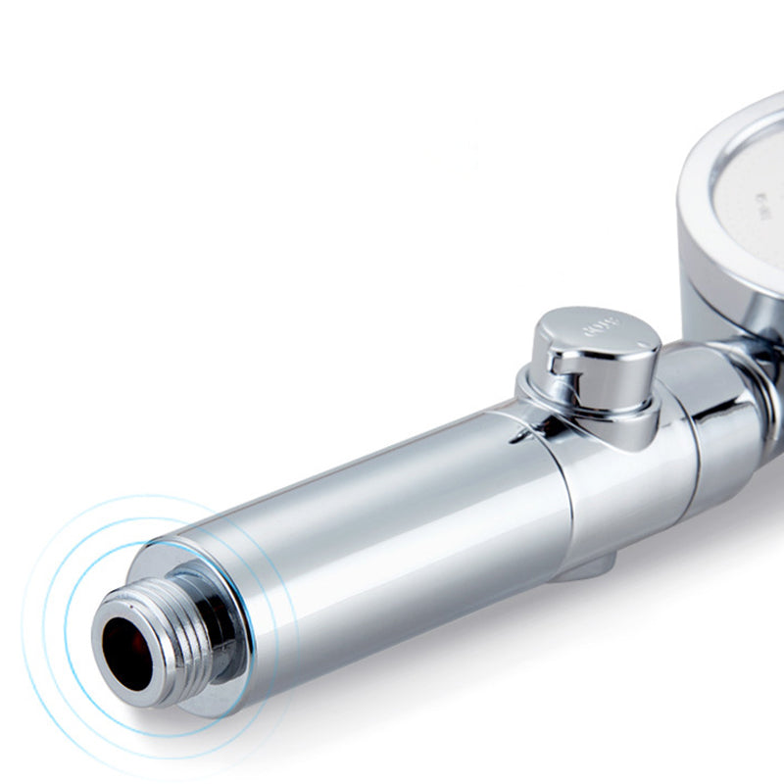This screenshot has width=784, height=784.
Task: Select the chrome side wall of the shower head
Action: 701,284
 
